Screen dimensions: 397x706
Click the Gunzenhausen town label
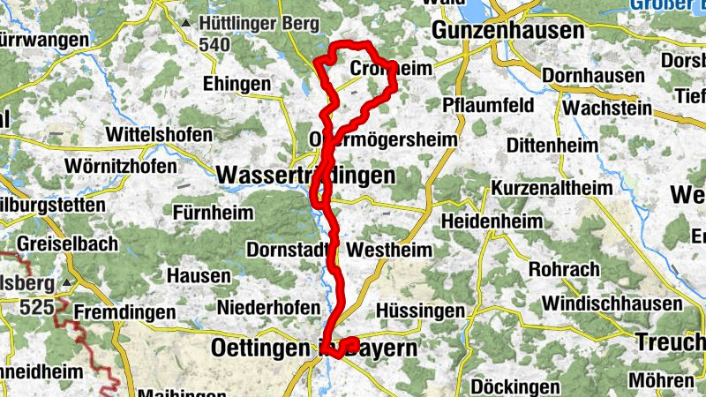(x=508, y=31)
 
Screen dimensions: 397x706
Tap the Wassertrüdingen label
(x=305, y=176)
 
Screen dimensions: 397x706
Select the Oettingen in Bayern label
(x=313, y=348)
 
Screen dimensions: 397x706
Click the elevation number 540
(x=214, y=44)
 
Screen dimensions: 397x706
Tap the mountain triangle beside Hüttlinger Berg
(x=186, y=23)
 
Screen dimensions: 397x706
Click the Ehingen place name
(x=237, y=83)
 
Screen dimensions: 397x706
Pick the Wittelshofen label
(x=159, y=135)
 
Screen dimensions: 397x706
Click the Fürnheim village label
(x=213, y=213)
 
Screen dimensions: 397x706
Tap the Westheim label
(x=390, y=250)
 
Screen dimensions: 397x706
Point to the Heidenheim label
(x=489, y=219)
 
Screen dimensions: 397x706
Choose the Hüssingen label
(x=420, y=311)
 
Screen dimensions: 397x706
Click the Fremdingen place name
(x=121, y=312)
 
